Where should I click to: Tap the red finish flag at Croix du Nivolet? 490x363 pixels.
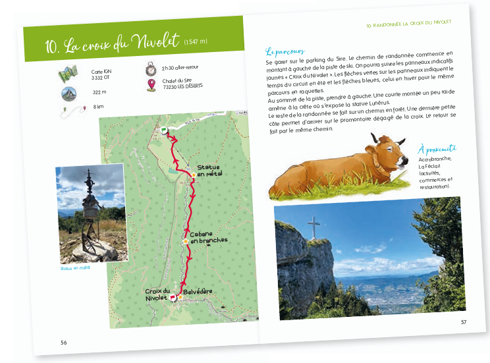pyautogui.click(x=173, y=297)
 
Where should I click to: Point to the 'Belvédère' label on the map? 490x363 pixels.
pyautogui.click(x=199, y=291)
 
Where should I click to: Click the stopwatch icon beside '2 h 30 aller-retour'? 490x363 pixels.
pyautogui.click(x=151, y=69)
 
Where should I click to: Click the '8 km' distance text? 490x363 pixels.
pyautogui.click(x=99, y=107)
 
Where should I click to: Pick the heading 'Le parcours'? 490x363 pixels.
pyautogui.click(x=285, y=51)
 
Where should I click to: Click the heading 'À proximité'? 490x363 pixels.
pyautogui.click(x=437, y=149)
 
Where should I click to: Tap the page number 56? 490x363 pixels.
pyautogui.click(x=63, y=342)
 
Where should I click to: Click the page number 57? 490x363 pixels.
pyautogui.click(x=464, y=321)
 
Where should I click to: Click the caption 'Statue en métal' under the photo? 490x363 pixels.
pyautogui.click(x=74, y=267)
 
